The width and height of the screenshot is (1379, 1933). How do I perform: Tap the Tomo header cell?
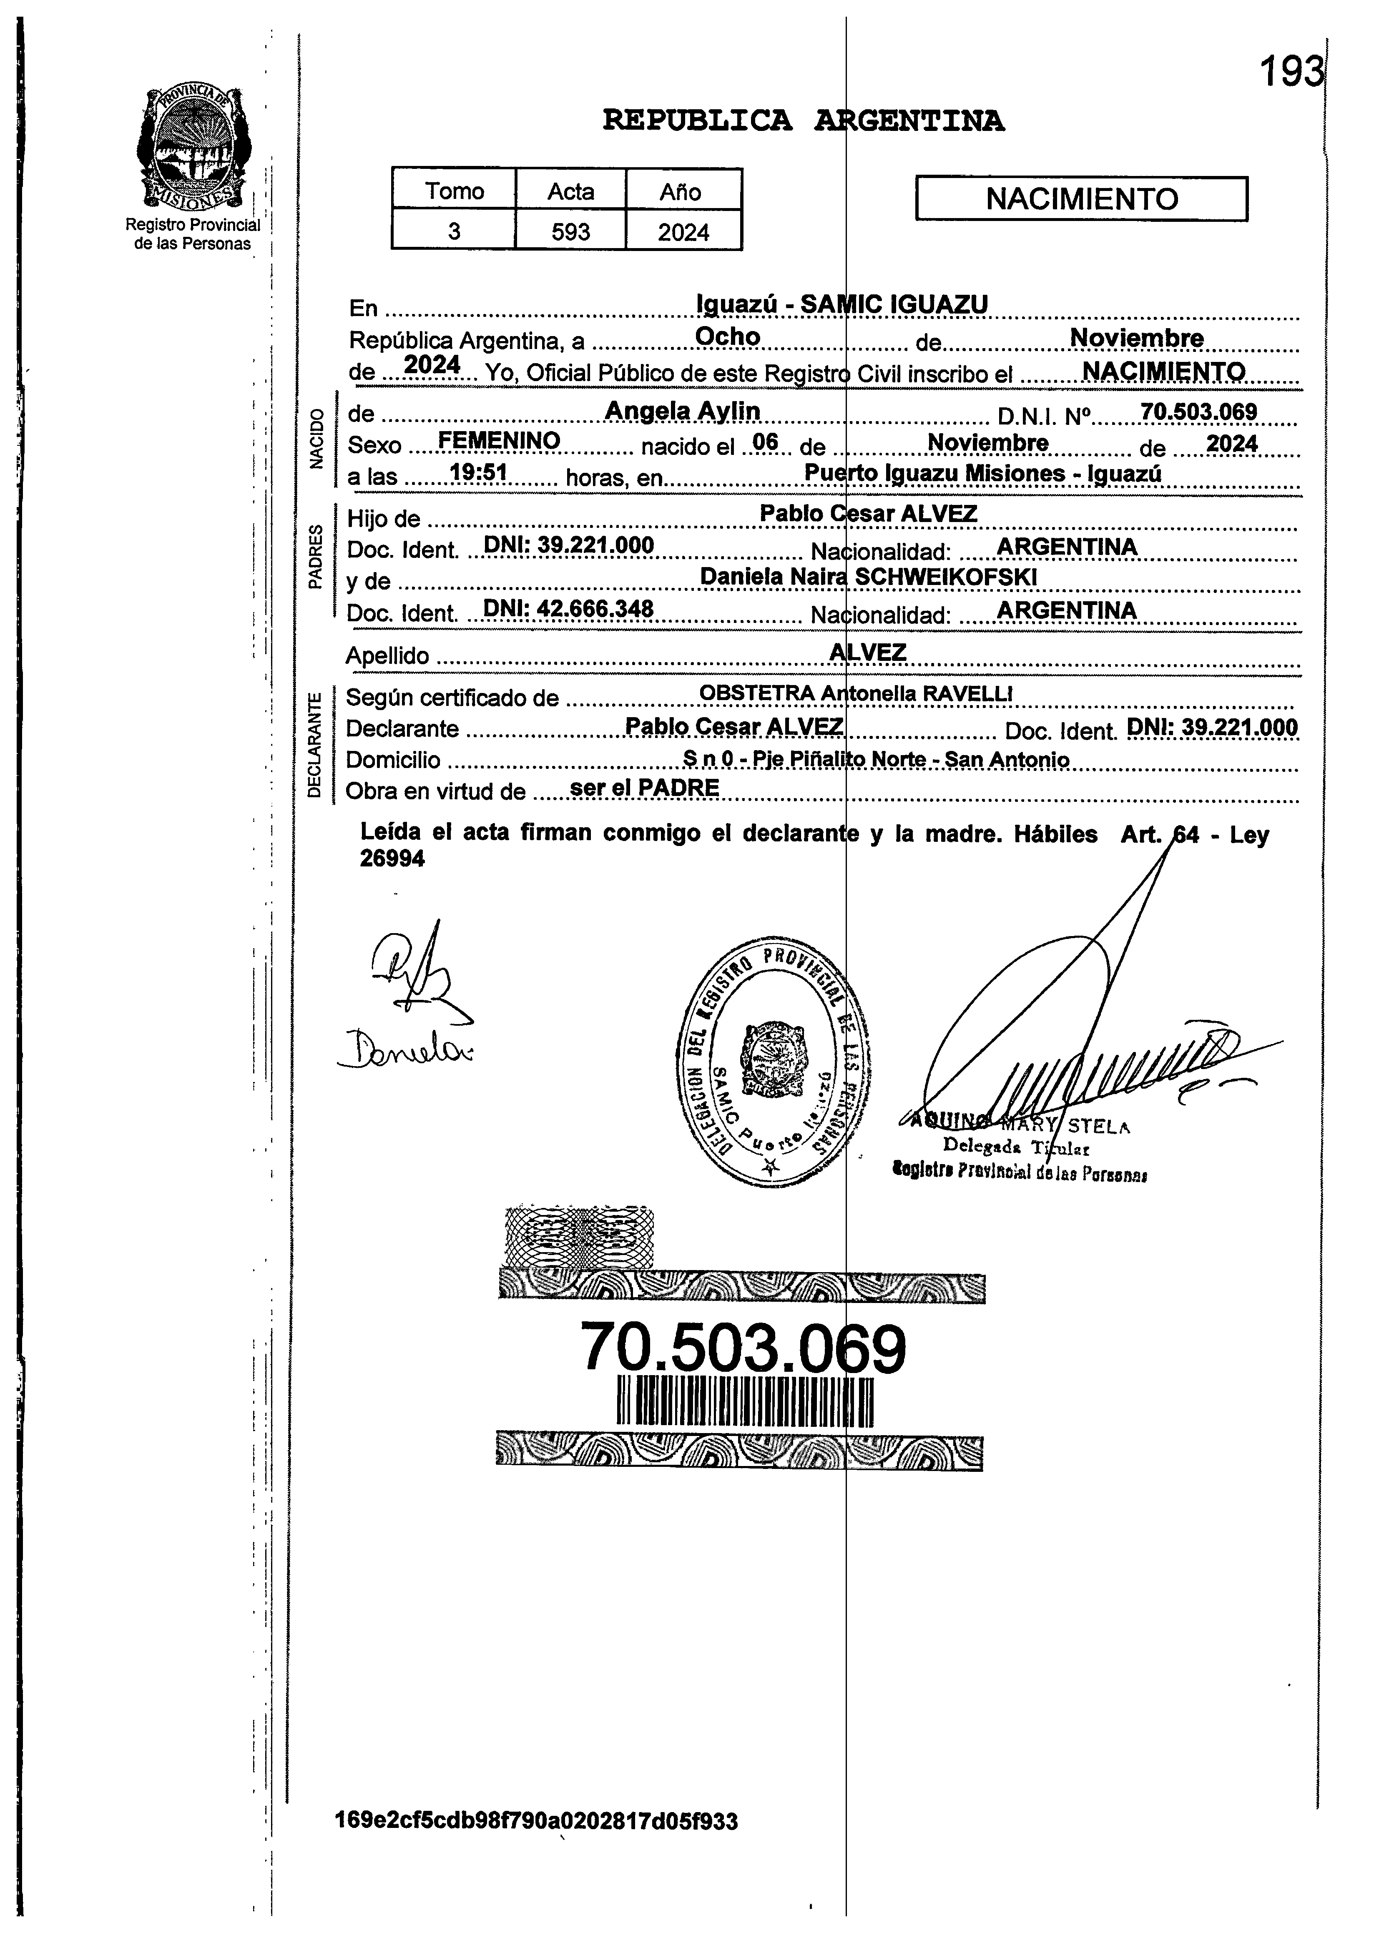click(x=454, y=191)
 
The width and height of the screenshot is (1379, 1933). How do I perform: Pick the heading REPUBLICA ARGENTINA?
click(x=803, y=121)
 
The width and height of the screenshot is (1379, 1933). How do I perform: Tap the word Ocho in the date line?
click(x=728, y=337)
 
